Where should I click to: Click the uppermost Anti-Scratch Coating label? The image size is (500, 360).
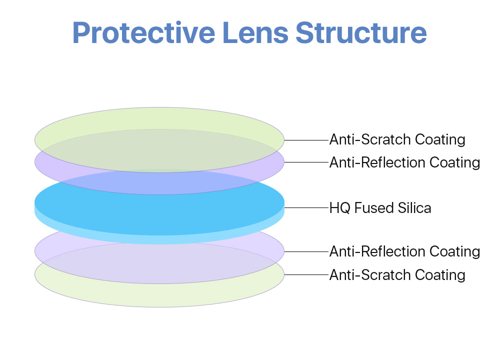[397, 139]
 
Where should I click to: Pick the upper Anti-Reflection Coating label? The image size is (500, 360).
[404, 162]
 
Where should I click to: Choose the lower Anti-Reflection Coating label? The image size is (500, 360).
[404, 251]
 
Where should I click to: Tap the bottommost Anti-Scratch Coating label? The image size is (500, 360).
[397, 275]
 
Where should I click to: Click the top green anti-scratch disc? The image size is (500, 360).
[159, 118]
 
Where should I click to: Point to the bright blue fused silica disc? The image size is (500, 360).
[159, 210]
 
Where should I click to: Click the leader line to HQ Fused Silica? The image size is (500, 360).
[306, 207]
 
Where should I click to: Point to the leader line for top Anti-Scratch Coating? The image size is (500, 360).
[306, 140]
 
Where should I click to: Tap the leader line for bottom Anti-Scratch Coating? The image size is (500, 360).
[306, 274]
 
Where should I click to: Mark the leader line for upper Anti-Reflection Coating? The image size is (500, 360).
[306, 162]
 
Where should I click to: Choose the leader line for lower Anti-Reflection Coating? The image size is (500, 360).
[306, 251]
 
